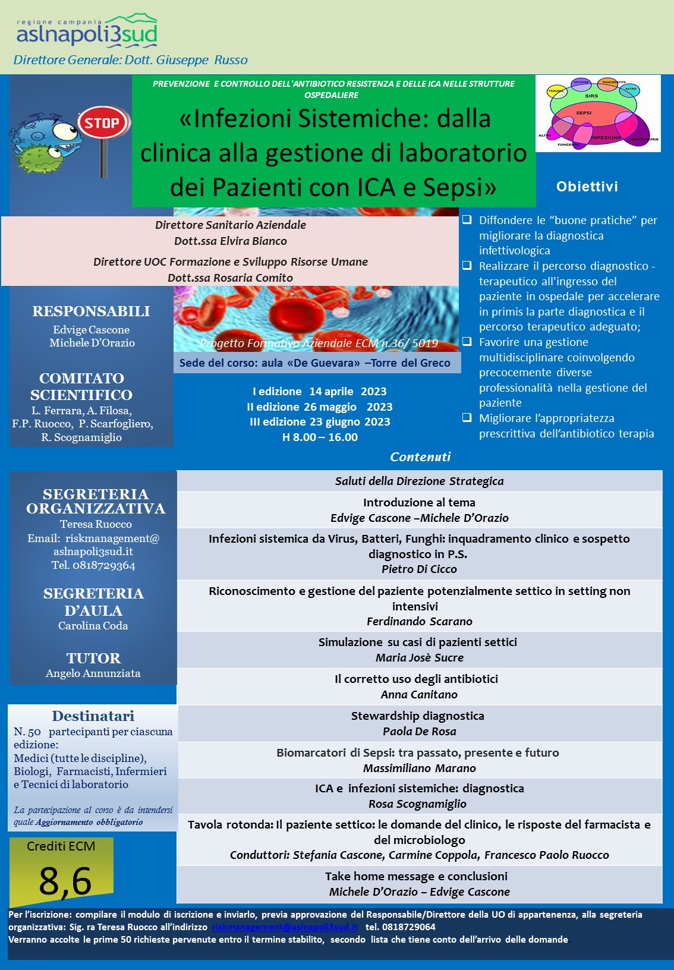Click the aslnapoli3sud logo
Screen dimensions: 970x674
[x=87, y=33]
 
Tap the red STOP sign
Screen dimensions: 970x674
[x=103, y=123]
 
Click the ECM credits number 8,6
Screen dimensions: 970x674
[x=65, y=880]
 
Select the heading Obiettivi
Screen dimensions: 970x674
[x=587, y=187]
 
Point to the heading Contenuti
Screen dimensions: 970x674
[x=420, y=456]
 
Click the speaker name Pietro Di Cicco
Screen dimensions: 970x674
[x=419, y=569]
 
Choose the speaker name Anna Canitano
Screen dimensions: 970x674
[x=419, y=694]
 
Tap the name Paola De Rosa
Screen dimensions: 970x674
[x=419, y=731]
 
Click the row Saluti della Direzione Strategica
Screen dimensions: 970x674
[x=419, y=481]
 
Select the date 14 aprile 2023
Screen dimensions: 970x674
[x=348, y=391]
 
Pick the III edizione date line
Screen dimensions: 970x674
[x=320, y=421]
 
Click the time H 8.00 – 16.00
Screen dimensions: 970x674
[x=320, y=437]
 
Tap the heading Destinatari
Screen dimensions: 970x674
[x=93, y=716]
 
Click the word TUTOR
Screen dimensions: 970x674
[x=93, y=658]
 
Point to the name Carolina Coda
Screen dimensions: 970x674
[x=93, y=625]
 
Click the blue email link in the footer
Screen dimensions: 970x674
[x=285, y=927]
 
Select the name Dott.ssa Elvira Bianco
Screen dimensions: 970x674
[x=230, y=241]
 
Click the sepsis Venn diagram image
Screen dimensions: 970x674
[x=598, y=114]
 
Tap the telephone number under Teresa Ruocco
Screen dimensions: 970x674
[x=93, y=565]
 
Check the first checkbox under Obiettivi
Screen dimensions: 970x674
[x=467, y=220]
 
